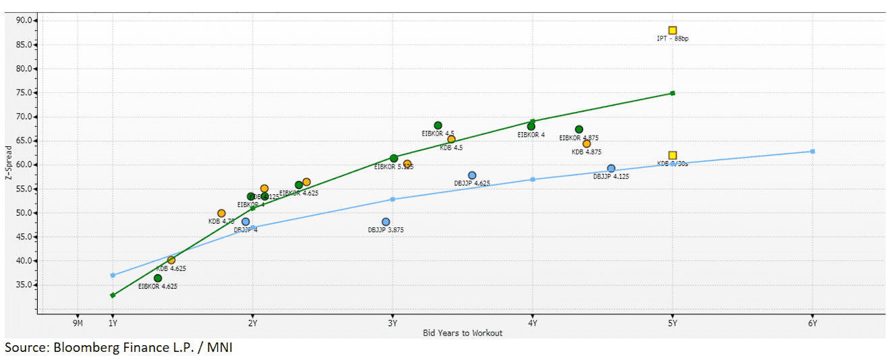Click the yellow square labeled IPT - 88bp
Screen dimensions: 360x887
pyautogui.click(x=673, y=30)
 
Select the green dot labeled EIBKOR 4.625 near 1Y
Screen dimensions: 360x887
pyautogui.click(x=158, y=278)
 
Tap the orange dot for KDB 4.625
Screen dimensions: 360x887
pyautogui.click(x=171, y=260)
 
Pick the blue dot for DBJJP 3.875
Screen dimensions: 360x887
pyautogui.click(x=386, y=222)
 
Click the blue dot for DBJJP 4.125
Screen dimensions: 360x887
pyautogui.click(x=611, y=169)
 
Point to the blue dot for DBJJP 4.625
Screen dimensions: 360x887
pyautogui.click(x=472, y=175)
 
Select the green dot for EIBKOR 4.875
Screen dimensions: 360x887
pyautogui.click(x=579, y=129)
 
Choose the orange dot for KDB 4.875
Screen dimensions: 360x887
pyautogui.click(x=586, y=144)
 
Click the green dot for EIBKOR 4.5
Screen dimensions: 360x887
pyautogui.click(x=438, y=125)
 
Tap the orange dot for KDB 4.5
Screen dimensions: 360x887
pyautogui.click(x=451, y=140)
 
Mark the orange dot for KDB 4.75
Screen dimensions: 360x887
pyautogui.click(x=221, y=213)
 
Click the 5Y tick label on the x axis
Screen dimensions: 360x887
pyautogui.click(x=672, y=323)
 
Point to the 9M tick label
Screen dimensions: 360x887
pyautogui.click(x=78, y=323)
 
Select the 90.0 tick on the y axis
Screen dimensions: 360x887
pyautogui.click(x=24, y=20)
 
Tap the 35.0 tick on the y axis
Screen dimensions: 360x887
pyautogui.click(x=24, y=284)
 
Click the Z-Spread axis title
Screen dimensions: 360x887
pyautogui.click(x=7, y=165)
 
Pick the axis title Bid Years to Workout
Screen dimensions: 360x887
pyautogui.click(x=462, y=332)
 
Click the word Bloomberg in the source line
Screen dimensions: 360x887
pyautogui.click(x=76, y=348)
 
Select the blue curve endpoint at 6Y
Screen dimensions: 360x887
pyautogui.click(x=812, y=151)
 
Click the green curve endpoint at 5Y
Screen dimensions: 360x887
pyautogui.click(x=673, y=93)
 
